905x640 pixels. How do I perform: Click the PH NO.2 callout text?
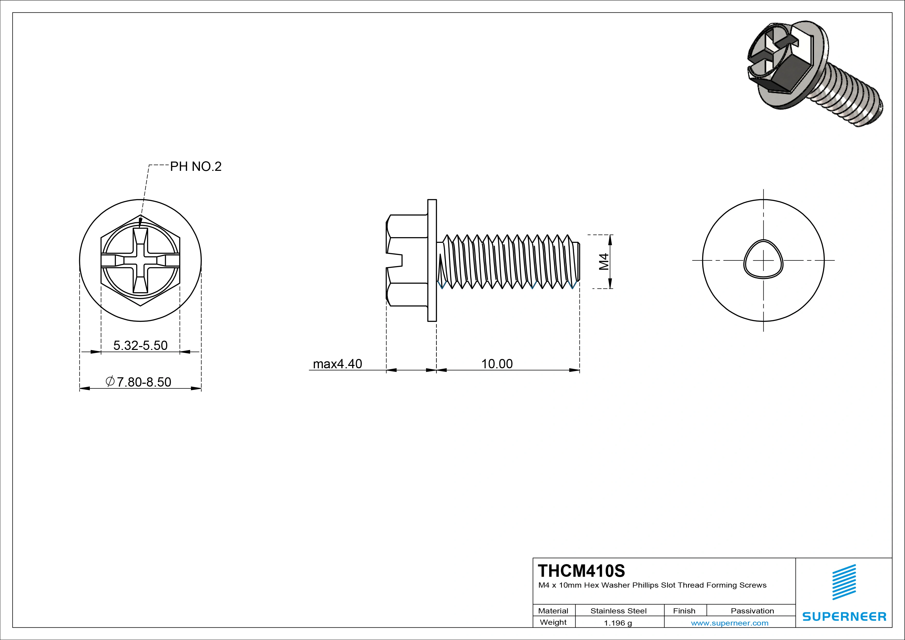click(x=196, y=166)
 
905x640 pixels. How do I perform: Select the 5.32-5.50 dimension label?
click(x=140, y=346)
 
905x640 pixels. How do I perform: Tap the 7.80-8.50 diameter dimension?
click(x=139, y=382)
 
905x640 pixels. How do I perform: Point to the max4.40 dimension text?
click(x=337, y=364)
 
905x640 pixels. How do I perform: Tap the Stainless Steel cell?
click(x=618, y=611)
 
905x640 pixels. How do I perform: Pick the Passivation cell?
click(x=752, y=611)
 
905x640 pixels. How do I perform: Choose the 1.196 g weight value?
click(x=618, y=623)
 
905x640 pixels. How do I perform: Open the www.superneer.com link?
click(x=730, y=623)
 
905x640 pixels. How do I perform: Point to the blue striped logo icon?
click(x=844, y=582)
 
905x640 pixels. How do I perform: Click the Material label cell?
click(x=553, y=611)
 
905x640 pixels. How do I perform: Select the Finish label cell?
click(x=684, y=611)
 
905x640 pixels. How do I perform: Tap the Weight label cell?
click(x=553, y=622)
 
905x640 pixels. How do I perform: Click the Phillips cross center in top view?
click(x=140, y=260)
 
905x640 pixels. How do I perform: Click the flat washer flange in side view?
click(x=432, y=260)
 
